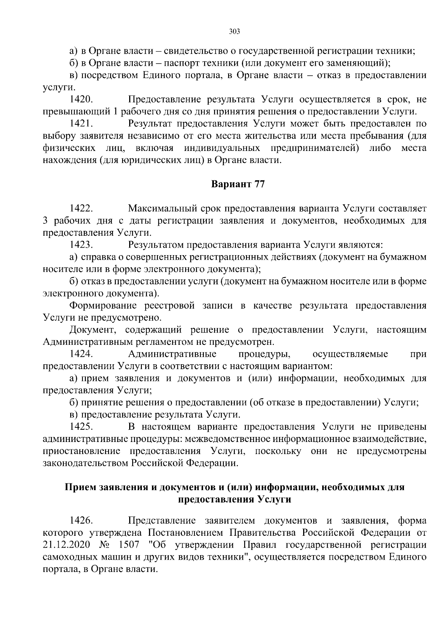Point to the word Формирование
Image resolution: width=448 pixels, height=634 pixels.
[x=103, y=306]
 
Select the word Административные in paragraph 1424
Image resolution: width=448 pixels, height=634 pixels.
[x=172, y=353]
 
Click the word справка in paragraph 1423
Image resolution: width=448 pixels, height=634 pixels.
[x=97, y=257]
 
